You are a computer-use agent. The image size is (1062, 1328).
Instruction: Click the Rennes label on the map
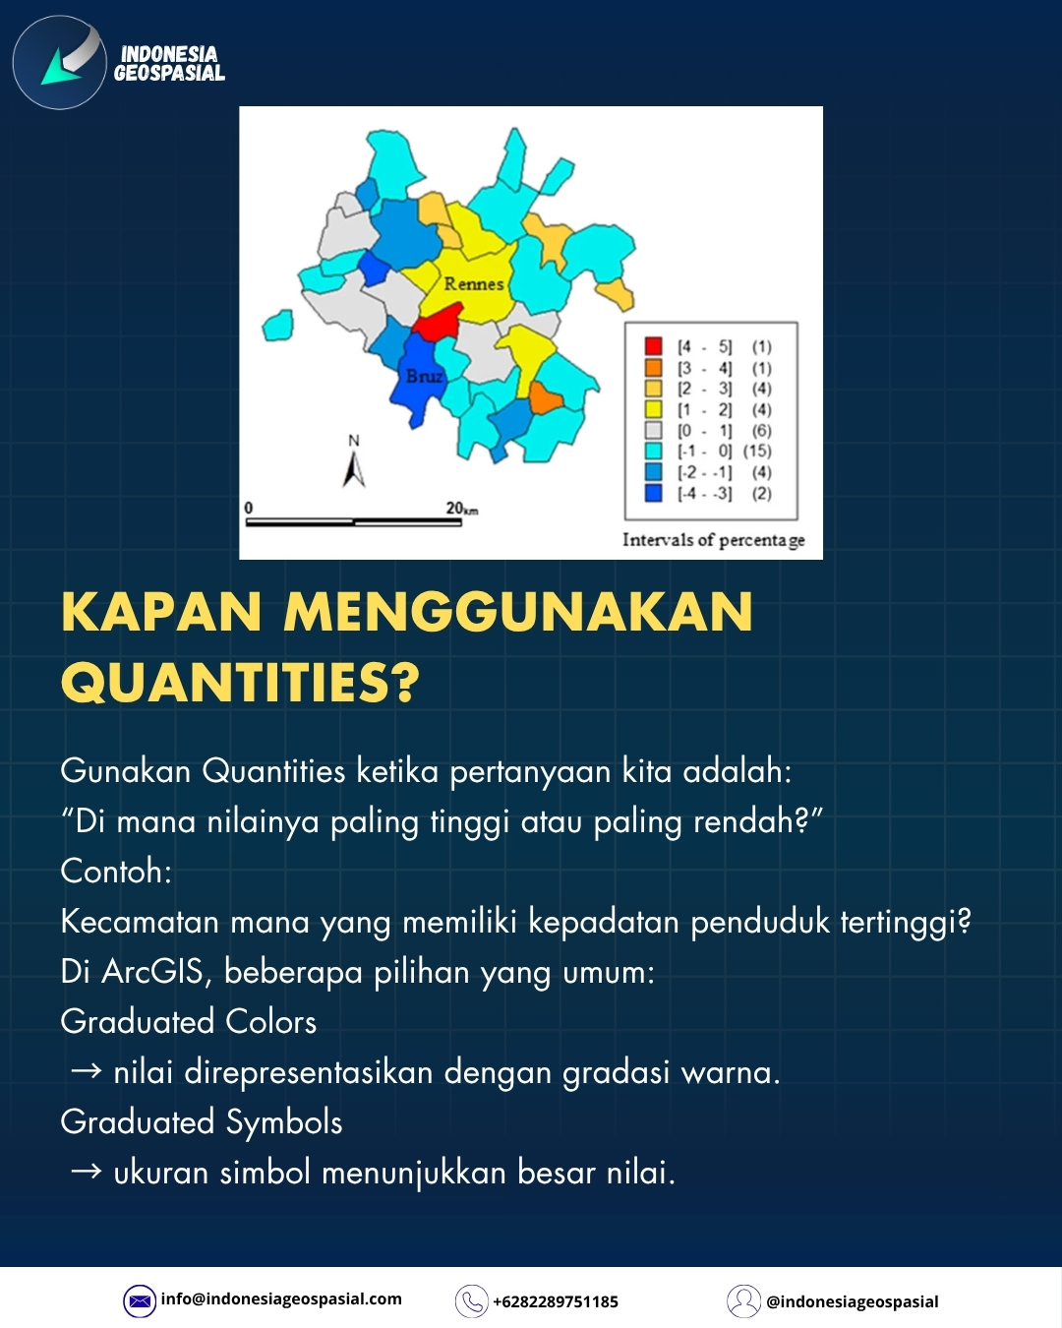[x=473, y=284]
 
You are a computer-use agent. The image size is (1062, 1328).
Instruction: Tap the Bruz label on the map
[x=425, y=375]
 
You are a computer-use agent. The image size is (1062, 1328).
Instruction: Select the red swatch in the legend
[x=653, y=345]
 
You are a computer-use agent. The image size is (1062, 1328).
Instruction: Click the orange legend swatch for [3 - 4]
[x=653, y=368]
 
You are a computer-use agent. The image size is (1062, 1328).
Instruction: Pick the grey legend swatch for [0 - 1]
[x=653, y=430]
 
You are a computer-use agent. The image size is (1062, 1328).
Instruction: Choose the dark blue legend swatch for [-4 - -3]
[x=653, y=493]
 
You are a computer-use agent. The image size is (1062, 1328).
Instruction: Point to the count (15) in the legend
[x=757, y=452]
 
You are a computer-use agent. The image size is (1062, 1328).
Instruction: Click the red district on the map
[x=438, y=322]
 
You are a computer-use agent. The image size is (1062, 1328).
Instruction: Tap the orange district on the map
[x=545, y=398]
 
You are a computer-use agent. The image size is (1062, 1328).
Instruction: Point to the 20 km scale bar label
[x=461, y=509]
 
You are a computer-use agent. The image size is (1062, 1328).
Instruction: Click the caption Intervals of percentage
[x=713, y=541]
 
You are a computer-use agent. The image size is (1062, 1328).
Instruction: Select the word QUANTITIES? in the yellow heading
[x=241, y=682]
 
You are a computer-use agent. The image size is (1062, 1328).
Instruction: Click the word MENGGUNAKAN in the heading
[x=518, y=612]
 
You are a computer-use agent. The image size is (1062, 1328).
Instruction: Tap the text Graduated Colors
[x=188, y=1022]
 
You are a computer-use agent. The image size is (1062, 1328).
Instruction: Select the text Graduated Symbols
[x=202, y=1122]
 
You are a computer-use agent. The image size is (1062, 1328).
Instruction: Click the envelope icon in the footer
[x=140, y=1301]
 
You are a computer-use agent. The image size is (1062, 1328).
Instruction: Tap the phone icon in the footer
[x=471, y=1301]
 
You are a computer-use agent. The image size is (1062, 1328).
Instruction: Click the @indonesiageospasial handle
[x=853, y=1302]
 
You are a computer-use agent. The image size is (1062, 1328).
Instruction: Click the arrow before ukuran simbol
[x=87, y=1172]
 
